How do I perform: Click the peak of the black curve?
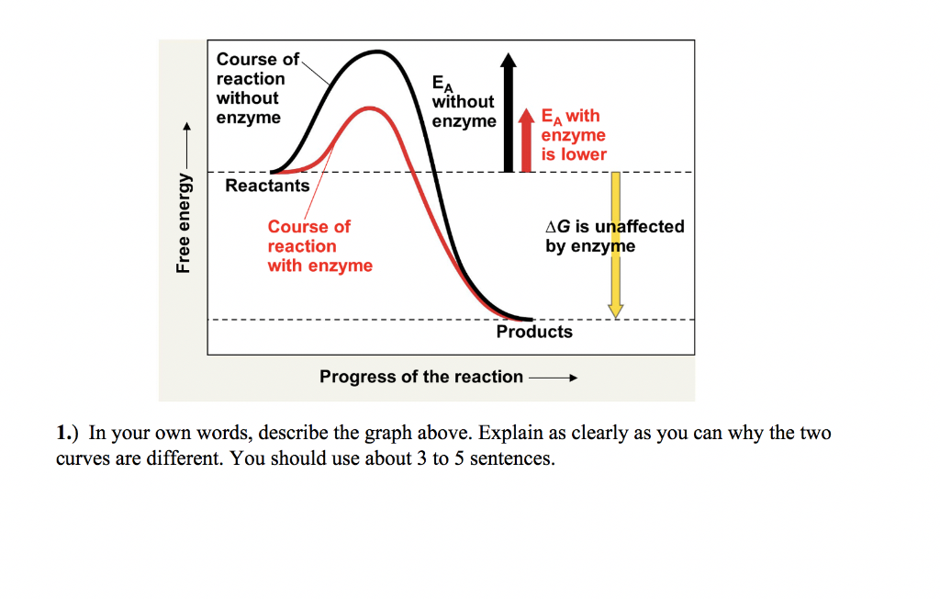point(377,52)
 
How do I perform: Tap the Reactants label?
point(267,186)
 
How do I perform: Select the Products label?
point(534,332)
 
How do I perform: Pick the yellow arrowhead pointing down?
point(616,310)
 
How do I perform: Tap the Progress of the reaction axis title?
point(421,377)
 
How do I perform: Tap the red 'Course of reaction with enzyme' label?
point(319,246)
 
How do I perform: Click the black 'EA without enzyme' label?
point(464,102)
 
